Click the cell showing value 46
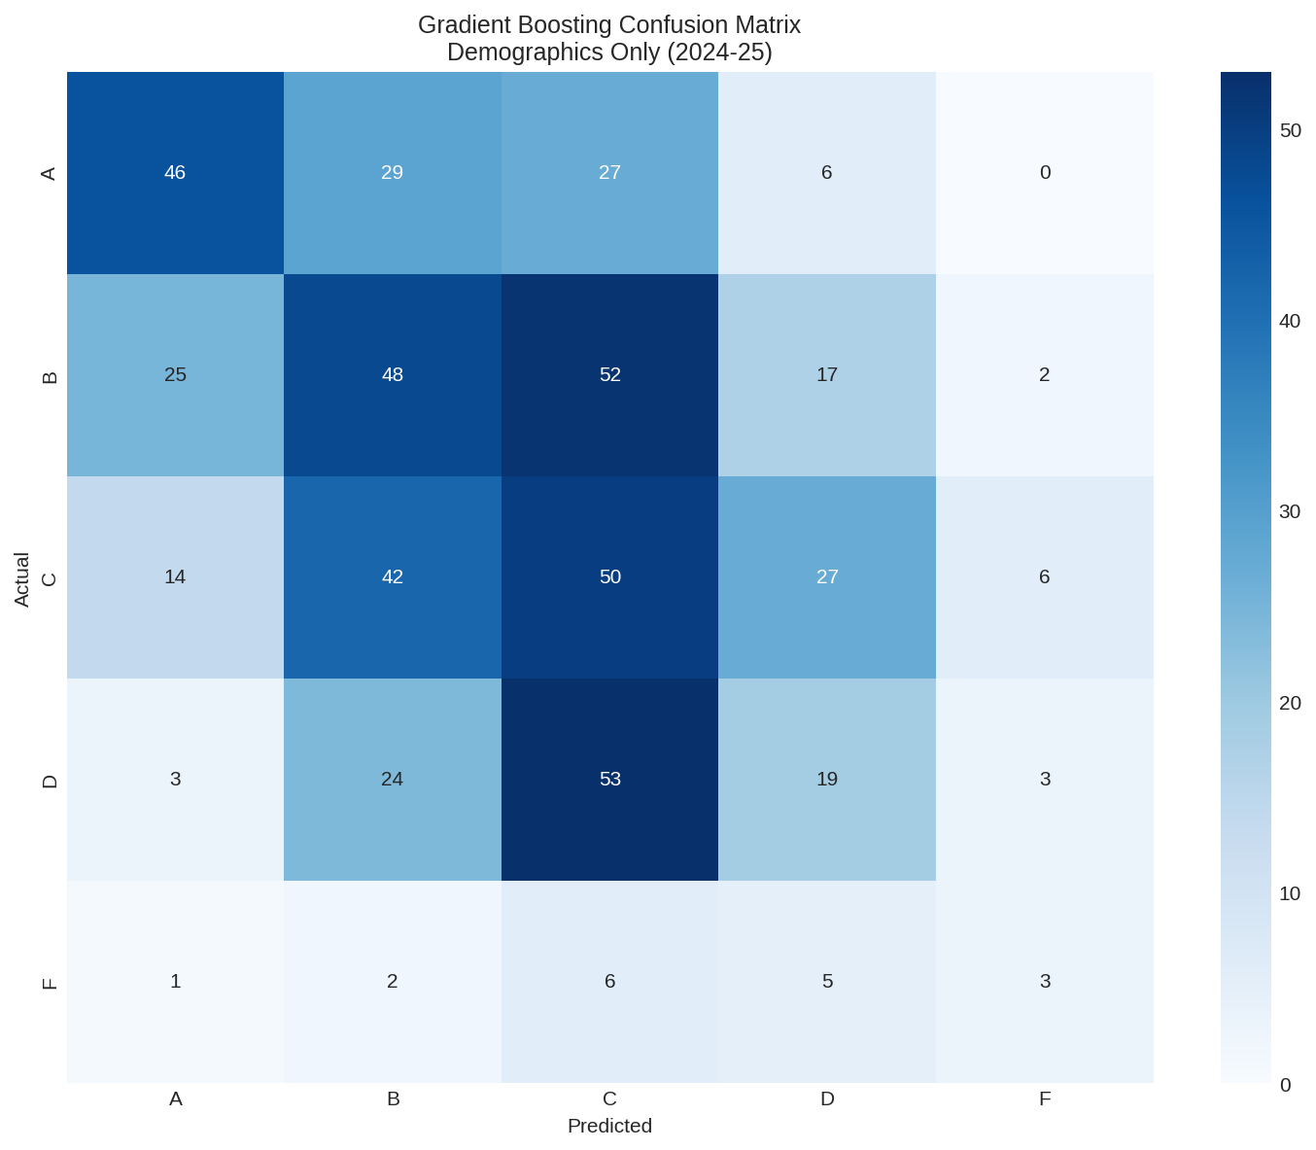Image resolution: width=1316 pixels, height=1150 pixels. point(175,173)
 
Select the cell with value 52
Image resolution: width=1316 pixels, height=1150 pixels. point(609,375)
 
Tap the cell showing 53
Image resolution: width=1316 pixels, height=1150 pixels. point(609,780)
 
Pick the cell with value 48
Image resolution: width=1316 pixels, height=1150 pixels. point(393,375)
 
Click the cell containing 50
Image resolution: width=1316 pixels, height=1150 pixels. point(609,577)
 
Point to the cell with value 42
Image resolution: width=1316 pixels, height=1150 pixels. point(393,577)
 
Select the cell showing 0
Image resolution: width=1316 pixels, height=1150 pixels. point(1045,173)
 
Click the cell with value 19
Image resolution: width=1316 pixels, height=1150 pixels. point(827,780)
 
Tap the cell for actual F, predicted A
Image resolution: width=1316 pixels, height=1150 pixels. point(175,982)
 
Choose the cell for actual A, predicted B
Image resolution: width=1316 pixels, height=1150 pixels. point(393,173)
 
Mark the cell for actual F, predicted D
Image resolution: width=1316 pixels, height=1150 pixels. point(827,982)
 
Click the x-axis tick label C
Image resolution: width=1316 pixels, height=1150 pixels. point(609,1099)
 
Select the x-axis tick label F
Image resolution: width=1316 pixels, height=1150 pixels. point(1045,1099)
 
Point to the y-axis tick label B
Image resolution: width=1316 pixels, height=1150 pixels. point(51,376)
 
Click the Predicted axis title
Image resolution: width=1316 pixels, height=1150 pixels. point(609,1127)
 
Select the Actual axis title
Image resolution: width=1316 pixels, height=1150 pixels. point(22,579)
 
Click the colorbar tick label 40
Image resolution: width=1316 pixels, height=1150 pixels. point(1290,322)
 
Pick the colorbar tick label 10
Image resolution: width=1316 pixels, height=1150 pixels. point(1290,894)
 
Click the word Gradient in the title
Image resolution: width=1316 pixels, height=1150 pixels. point(459,25)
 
